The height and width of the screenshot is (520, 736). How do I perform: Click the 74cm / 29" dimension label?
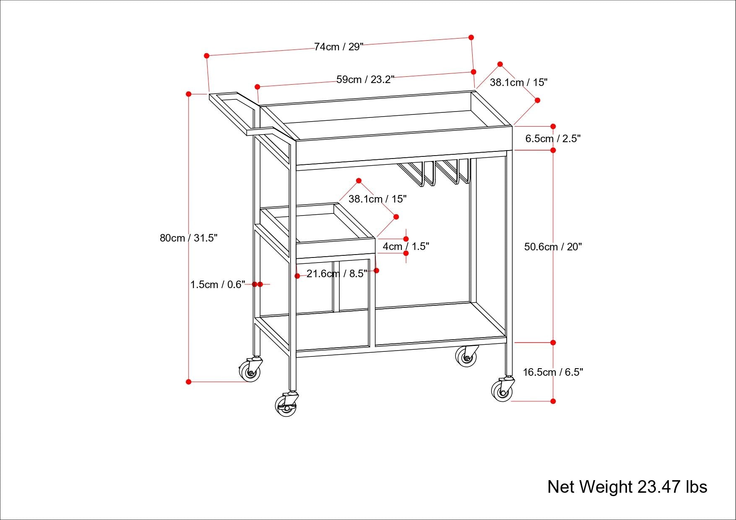point(339,47)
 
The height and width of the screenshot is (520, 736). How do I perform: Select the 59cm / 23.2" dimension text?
point(365,80)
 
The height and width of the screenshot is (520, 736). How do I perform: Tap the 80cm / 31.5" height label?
point(188,238)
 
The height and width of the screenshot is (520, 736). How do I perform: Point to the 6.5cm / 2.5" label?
point(553,139)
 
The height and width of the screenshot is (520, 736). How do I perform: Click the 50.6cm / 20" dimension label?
point(553,247)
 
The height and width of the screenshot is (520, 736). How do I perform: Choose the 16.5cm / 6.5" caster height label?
point(553,372)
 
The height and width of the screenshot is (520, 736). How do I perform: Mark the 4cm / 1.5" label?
point(406,247)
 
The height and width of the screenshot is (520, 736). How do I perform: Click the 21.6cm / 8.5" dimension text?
point(337,274)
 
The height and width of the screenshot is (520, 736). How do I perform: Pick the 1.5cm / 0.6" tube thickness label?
point(217,285)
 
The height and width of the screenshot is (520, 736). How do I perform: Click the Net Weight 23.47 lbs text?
point(627,487)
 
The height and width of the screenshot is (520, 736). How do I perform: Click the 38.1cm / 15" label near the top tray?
point(518,83)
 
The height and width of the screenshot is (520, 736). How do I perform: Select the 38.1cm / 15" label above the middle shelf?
point(377,199)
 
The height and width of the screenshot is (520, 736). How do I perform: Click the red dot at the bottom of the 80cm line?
point(189,382)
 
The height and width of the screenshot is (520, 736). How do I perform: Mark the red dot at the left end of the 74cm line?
point(206,55)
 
